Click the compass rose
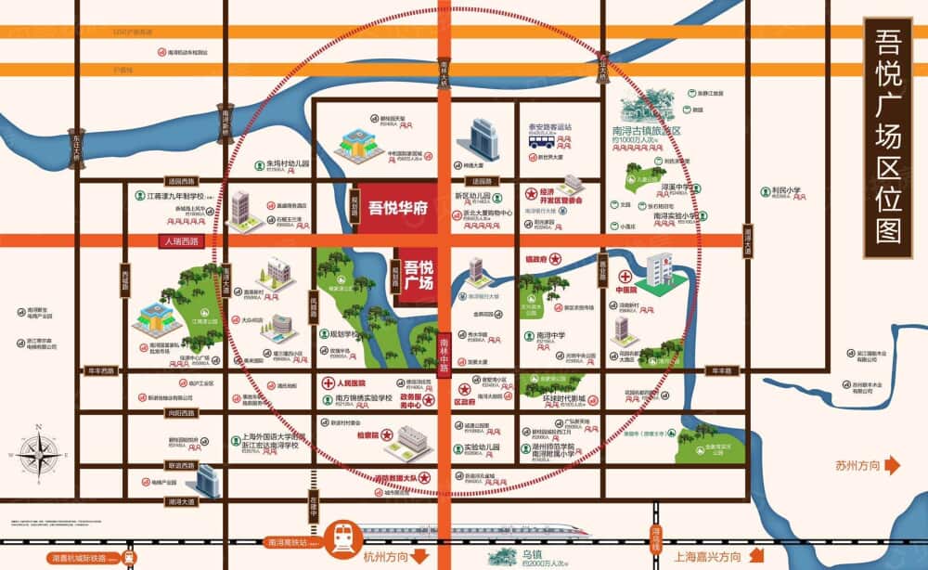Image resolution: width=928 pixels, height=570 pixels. click(x=39, y=454)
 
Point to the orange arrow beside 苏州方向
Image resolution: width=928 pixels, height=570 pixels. click(x=891, y=464)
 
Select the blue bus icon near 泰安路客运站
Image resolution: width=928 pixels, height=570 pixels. click(x=541, y=142)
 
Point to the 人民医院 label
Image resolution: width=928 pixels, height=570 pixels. click(x=350, y=382)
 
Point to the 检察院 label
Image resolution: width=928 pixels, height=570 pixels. click(x=355, y=434)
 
